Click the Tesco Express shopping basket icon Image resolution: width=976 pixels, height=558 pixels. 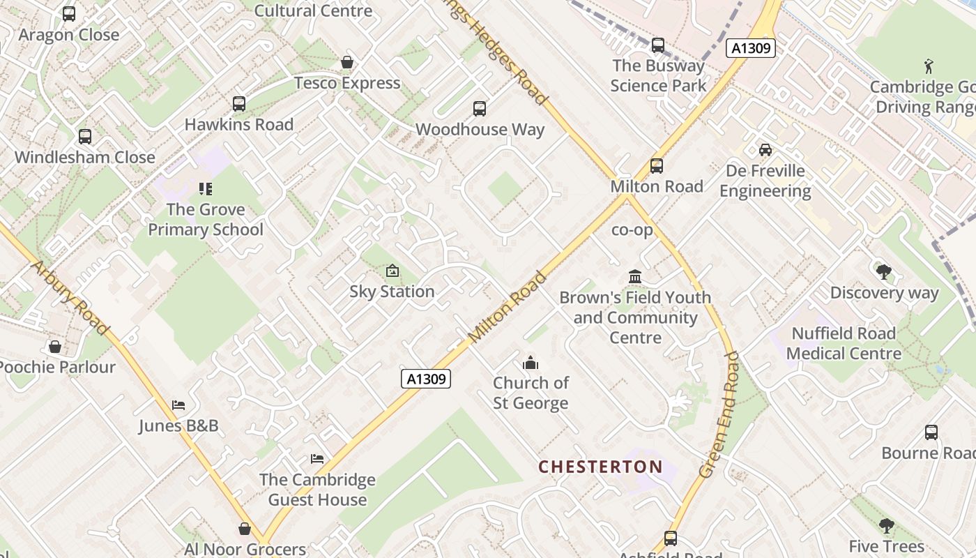[346, 63]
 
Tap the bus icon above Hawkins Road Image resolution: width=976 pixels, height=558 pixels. [239, 104]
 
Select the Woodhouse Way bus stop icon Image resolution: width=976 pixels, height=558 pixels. [480, 109]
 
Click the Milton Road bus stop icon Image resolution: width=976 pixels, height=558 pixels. [656, 166]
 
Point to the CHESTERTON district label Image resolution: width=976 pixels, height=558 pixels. [600, 467]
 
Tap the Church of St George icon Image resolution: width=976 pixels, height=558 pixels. [531, 363]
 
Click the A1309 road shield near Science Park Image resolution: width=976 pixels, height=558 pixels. [750, 48]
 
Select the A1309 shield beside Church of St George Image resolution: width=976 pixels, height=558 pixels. [426, 379]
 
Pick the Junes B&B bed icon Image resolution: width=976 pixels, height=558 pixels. [178, 405]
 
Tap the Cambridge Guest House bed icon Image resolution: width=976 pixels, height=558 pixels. [317, 459]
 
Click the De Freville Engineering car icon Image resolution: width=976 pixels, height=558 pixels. [765, 150]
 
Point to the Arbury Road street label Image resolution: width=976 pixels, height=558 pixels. [70, 297]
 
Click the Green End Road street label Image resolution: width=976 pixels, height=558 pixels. [718, 414]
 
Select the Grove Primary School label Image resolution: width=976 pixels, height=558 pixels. [206, 220]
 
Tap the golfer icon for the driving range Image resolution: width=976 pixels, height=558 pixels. [928, 67]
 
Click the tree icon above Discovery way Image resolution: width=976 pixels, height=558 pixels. [883, 272]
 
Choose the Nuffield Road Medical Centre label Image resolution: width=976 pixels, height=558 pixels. [844, 344]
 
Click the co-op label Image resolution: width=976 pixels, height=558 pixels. [632, 229]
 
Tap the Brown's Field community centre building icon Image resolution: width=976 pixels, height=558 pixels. [634, 277]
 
